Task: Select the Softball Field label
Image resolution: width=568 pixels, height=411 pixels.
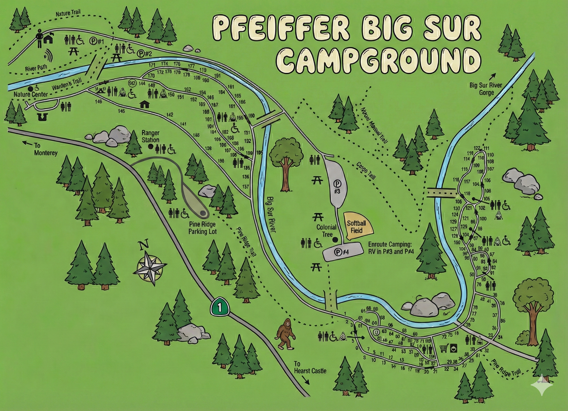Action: point(356,227)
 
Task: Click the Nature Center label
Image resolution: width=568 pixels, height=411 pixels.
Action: point(31,94)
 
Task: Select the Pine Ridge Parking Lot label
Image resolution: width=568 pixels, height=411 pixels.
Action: point(202,228)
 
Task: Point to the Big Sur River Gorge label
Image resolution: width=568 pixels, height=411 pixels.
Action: point(486,89)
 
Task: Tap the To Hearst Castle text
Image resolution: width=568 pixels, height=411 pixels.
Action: point(310,367)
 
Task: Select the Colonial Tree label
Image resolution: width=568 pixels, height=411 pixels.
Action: point(326,231)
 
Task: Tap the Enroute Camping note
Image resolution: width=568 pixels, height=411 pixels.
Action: point(390,248)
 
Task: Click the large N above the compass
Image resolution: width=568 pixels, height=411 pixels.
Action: point(144,245)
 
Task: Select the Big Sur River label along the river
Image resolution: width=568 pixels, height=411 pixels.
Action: point(270,214)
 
